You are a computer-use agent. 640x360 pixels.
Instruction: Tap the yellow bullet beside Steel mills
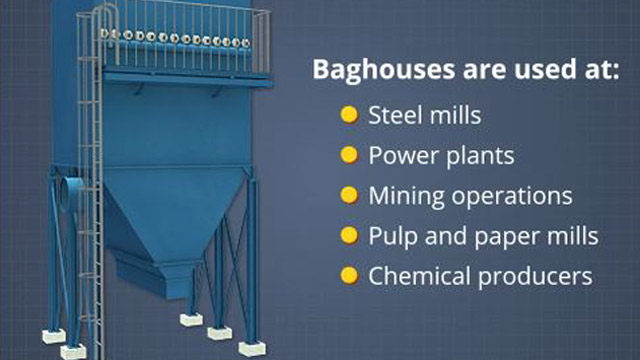coord(349,115)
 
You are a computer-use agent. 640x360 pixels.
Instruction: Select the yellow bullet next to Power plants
coord(349,155)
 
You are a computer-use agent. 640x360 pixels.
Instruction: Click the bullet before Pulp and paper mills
coord(349,235)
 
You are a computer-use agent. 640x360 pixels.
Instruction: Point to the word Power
coord(398,156)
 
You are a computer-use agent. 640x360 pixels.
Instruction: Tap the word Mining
coord(402,195)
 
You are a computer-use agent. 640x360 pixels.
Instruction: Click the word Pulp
coord(391,235)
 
